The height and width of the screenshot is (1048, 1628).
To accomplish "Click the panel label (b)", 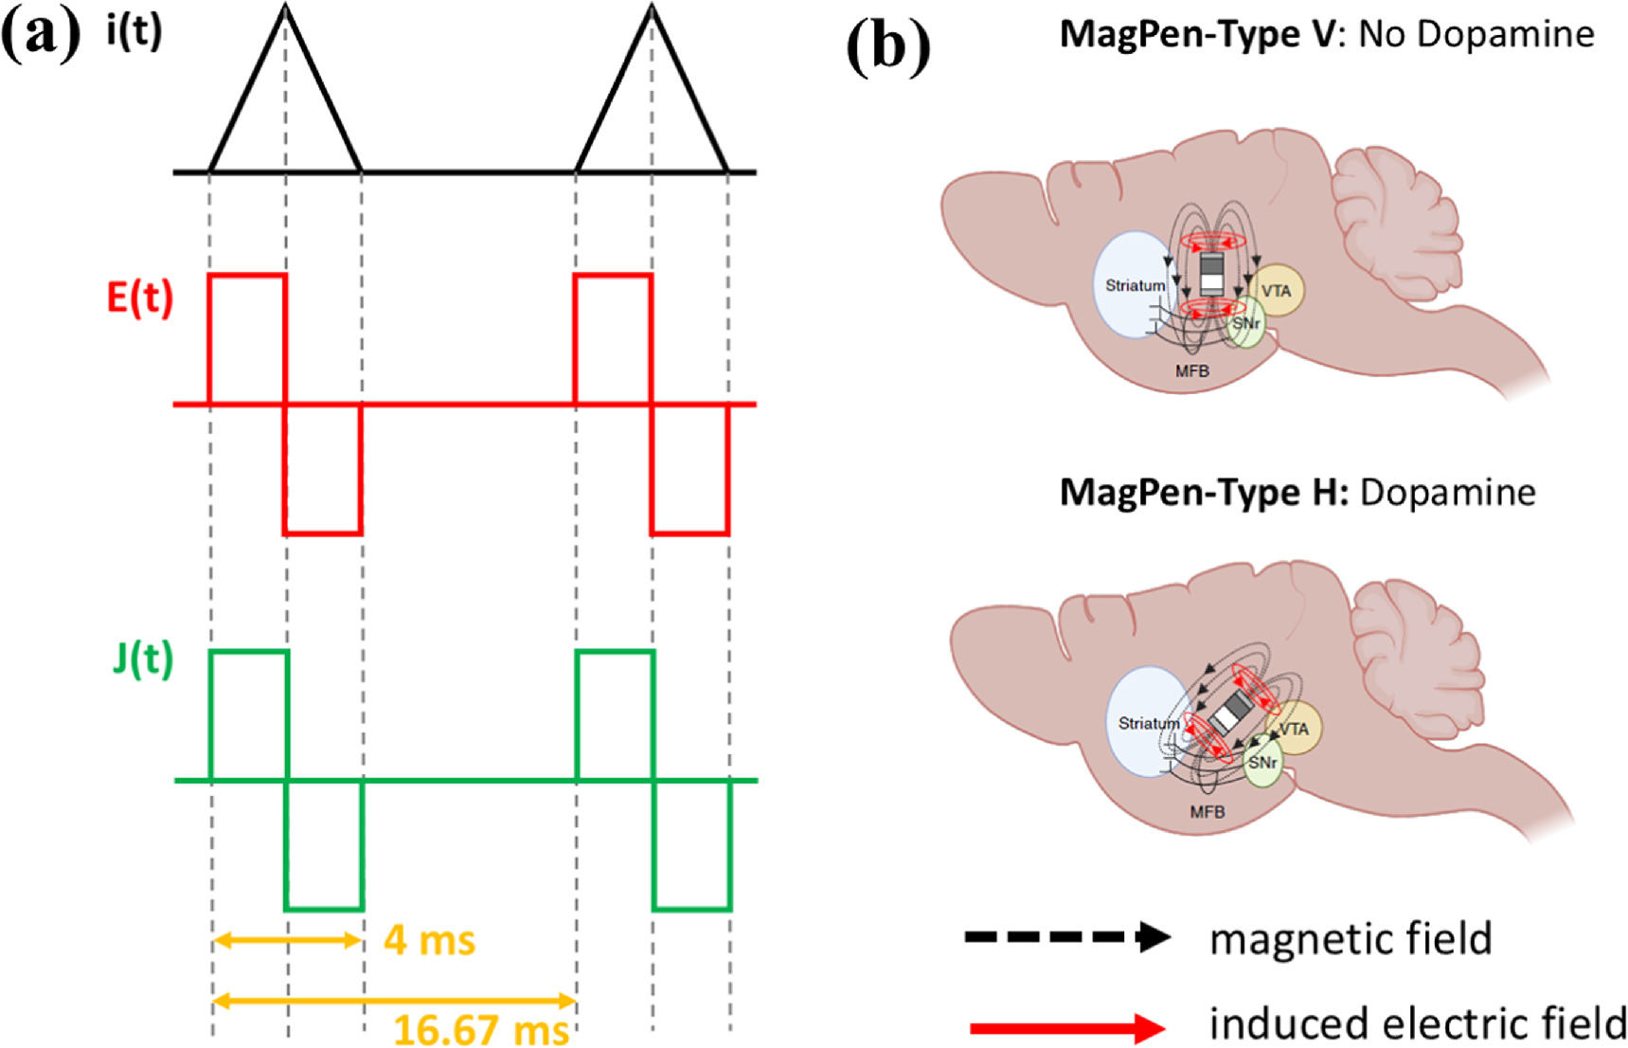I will (887, 46).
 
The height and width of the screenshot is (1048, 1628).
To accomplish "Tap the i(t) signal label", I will (134, 32).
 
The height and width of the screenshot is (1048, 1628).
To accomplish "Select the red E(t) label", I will (140, 298).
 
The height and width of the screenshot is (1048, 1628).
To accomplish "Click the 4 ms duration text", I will (429, 941).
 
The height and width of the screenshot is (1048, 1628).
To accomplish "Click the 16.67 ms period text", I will (481, 1029).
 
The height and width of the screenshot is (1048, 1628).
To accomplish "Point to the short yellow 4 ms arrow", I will (287, 940).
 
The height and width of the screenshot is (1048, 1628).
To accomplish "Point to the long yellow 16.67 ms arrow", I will (394, 1000).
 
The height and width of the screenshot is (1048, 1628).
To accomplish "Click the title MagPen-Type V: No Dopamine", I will (1326, 34).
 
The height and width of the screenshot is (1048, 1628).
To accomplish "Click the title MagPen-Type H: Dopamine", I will (1297, 493).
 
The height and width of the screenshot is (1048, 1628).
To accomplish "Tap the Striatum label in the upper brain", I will (1135, 285).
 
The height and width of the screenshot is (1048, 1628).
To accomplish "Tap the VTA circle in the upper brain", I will (1277, 291).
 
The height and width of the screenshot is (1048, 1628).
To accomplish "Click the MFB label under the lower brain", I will (1207, 812).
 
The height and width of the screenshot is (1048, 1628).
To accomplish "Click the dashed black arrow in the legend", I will (1066, 937).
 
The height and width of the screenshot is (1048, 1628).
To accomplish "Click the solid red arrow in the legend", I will (1066, 1027).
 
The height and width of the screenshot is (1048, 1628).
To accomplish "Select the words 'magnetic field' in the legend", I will (1351, 939).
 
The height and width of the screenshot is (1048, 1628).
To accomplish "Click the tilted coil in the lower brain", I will (1230, 712).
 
